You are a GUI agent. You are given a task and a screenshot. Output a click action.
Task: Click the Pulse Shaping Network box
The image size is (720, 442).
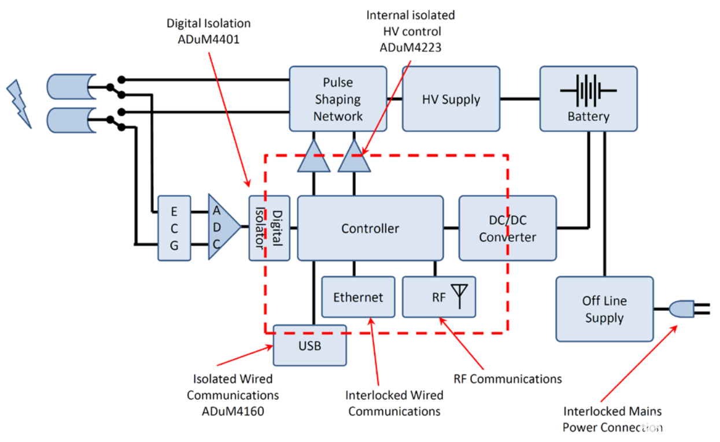(338, 99)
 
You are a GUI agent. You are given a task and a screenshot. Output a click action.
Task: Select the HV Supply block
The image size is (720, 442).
(451, 99)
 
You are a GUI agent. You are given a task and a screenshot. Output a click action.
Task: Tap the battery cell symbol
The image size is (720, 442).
(588, 91)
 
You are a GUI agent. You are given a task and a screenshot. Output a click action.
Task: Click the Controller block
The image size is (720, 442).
(370, 228)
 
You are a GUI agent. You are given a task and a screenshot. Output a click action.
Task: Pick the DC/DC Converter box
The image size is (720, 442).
(508, 228)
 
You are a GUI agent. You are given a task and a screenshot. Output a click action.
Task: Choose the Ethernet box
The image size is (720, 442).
(358, 297)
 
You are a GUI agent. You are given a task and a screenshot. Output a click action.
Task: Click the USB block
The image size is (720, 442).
(309, 346)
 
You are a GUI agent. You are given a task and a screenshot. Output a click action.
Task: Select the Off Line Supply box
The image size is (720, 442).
(604, 309)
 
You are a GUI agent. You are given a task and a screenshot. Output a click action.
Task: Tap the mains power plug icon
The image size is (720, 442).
(689, 309)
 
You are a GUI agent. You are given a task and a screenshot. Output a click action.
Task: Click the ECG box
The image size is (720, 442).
(174, 228)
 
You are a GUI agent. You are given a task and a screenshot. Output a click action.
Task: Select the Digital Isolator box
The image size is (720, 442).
(269, 228)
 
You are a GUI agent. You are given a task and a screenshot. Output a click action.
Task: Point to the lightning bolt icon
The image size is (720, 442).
(19, 104)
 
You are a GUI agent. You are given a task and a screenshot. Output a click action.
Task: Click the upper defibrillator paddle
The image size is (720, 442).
(71, 87)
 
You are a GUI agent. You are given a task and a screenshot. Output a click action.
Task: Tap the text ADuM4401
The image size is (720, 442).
(209, 39)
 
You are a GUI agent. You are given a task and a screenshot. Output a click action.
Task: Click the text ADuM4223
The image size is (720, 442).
(411, 47)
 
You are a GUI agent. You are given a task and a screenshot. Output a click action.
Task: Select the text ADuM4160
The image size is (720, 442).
(232, 411)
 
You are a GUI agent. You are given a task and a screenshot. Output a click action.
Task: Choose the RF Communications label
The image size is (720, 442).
(508, 379)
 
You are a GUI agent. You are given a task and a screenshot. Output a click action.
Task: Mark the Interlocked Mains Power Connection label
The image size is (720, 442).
(612, 419)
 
